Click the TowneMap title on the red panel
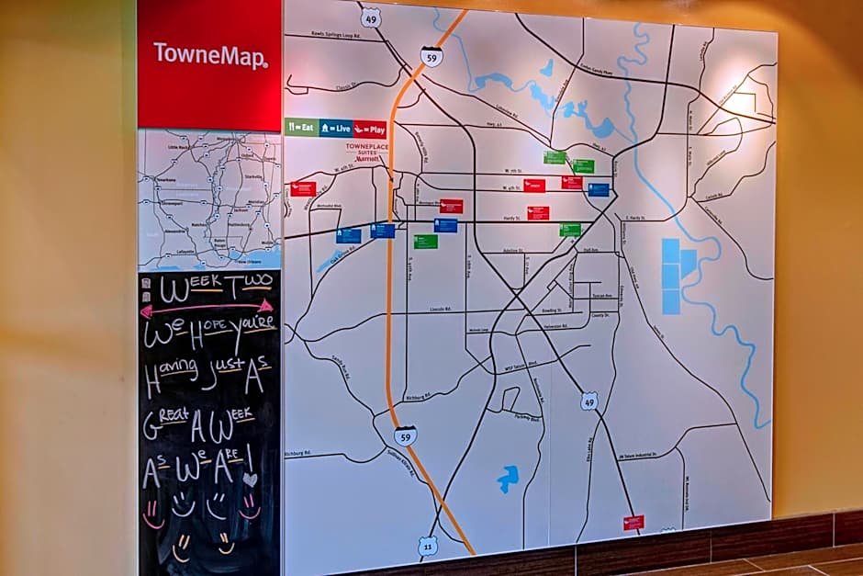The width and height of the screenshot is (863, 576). pyautogui.click(x=210, y=55)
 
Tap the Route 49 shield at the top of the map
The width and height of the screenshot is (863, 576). pyautogui.click(x=369, y=17)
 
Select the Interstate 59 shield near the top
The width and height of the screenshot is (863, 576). pyautogui.click(x=431, y=57)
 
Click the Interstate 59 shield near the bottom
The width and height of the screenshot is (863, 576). pyautogui.click(x=405, y=435)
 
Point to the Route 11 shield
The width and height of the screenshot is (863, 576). pyautogui.click(x=428, y=546)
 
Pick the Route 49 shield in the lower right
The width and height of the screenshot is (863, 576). pyautogui.click(x=588, y=401)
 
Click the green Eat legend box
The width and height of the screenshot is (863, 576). pyautogui.click(x=301, y=128)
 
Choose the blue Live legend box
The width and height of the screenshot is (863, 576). pyautogui.click(x=336, y=129)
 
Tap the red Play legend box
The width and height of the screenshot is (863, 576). pyautogui.click(x=369, y=130)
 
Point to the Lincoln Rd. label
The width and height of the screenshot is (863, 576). pyautogui.click(x=441, y=309)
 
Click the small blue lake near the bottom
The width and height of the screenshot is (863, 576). pyautogui.click(x=508, y=477)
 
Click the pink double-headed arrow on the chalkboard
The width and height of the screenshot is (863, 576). pyautogui.click(x=207, y=309)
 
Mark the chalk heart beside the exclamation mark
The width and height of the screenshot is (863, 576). pyautogui.click(x=250, y=479)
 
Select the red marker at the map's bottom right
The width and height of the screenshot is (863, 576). pyautogui.click(x=633, y=522)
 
